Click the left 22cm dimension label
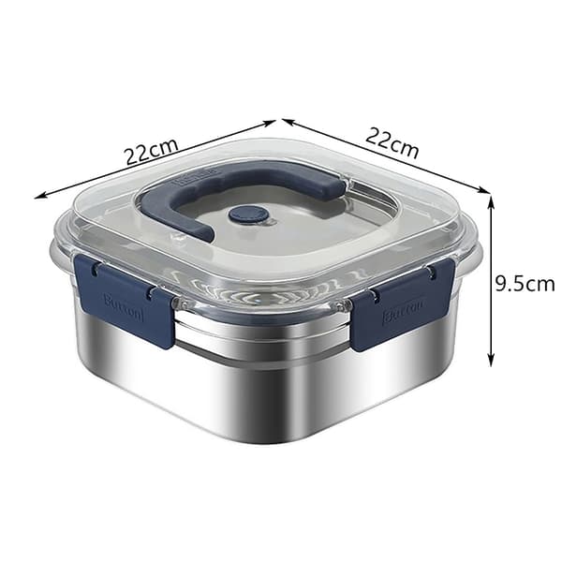tap(151, 151)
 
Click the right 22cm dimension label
tap(392, 142)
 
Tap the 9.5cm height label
tap(525, 284)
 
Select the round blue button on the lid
tap(249, 214)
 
